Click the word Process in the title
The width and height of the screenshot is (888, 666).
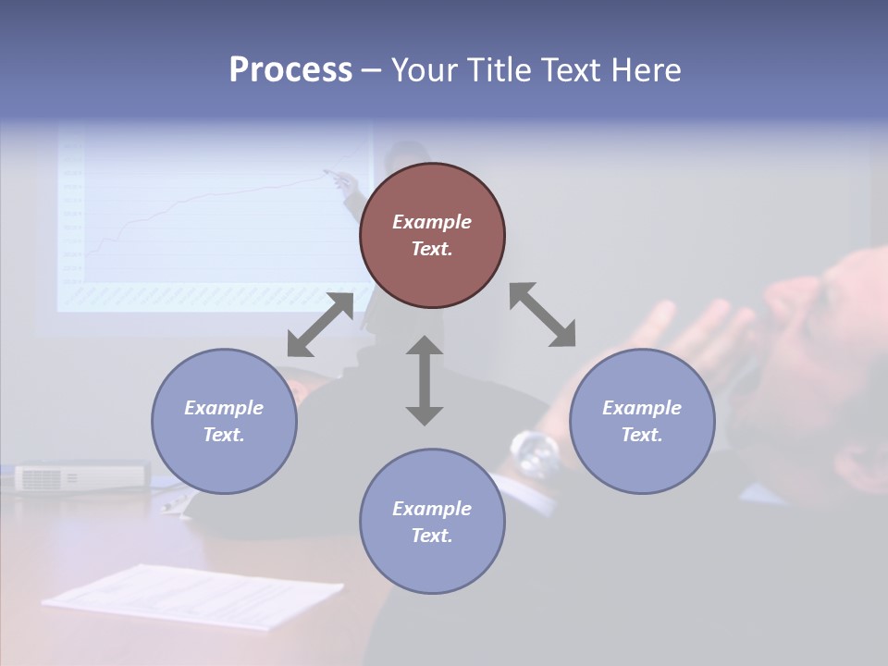(290, 70)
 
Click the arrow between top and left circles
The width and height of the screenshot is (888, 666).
(320, 325)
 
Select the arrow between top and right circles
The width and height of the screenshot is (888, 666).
(543, 314)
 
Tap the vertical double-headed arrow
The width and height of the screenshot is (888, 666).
(425, 380)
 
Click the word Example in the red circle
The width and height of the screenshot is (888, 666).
(432, 222)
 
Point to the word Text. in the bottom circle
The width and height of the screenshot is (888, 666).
(432, 536)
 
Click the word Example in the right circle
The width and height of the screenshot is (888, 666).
(642, 408)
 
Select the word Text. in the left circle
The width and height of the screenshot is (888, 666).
(224, 435)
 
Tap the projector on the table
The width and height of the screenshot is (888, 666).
(81, 476)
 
